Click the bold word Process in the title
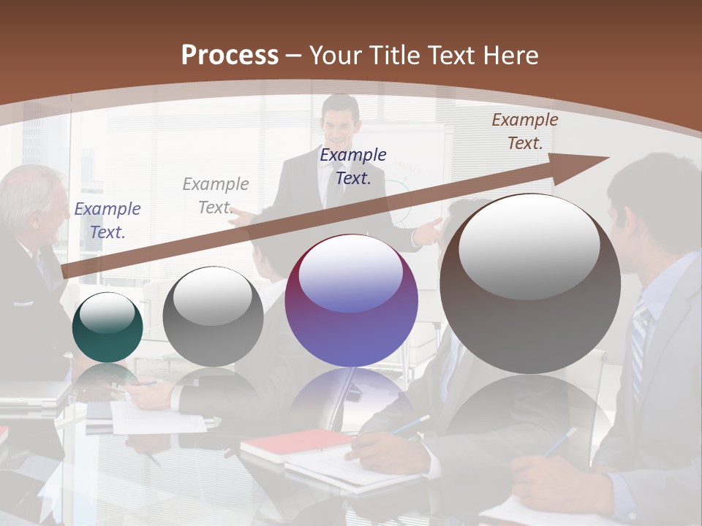click(x=230, y=56)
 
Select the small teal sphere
click(x=107, y=327)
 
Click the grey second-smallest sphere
click(x=213, y=316)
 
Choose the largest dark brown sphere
click(x=530, y=283)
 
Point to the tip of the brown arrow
click(x=608, y=157)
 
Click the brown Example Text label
click(x=524, y=131)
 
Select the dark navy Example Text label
click(x=353, y=166)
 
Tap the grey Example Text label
click(x=216, y=195)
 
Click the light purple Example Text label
click(x=107, y=220)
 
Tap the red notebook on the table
click(x=296, y=443)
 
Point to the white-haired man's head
click(x=33, y=197)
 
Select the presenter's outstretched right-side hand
click(x=430, y=232)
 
